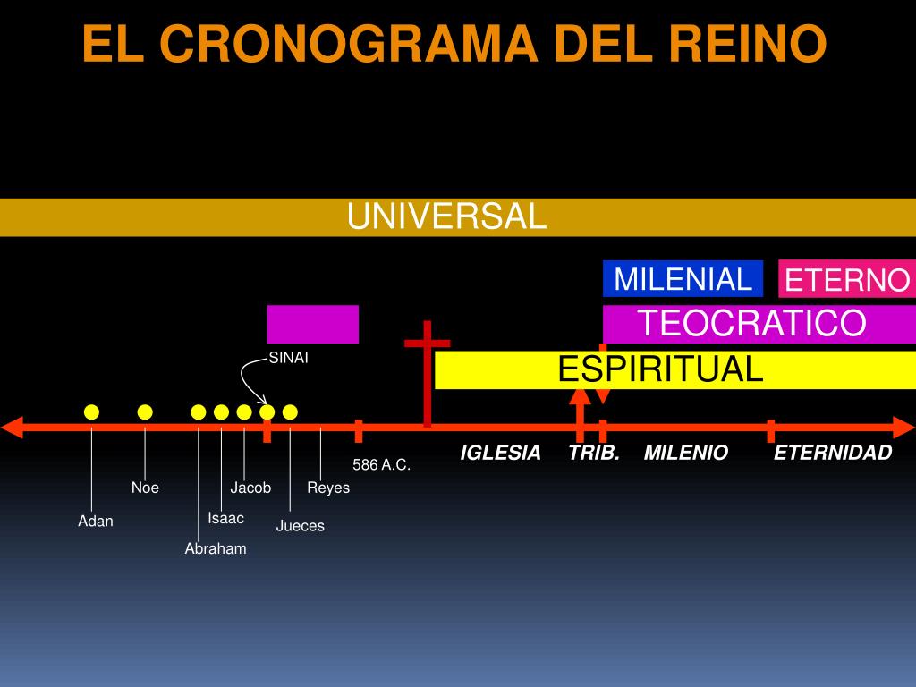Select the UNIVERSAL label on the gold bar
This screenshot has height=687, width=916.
(x=446, y=216)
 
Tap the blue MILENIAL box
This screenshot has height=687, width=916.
(x=683, y=279)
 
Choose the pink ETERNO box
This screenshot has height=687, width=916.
(x=846, y=280)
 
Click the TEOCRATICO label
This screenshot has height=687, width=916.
(x=751, y=323)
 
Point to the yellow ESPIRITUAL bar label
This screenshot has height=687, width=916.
(x=660, y=369)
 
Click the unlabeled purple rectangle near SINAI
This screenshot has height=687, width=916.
(x=312, y=324)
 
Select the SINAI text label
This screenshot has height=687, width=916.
(x=289, y=359)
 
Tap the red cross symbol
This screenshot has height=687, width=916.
(x=427, y=376)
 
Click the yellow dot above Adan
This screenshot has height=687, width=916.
(x=91, y=411)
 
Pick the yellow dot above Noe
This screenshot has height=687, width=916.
(x=145, y=411)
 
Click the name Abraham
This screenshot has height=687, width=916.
(x=216, y=548)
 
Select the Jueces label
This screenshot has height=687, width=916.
(x=300, y=525)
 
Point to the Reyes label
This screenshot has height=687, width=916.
(x=328, y=488)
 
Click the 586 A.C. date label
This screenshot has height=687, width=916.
(x=381, y=465)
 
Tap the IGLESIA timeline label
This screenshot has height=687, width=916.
(x=500, y=453)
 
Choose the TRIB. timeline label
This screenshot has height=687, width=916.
(x=594, y=453)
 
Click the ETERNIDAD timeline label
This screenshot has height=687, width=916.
(x=833, y=453)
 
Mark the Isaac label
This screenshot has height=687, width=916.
(x=225, y=518)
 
